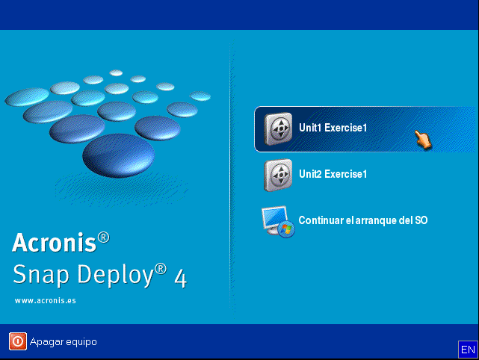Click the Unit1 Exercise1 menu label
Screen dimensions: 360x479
(333, 128)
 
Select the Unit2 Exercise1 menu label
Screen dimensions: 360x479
(333, 174)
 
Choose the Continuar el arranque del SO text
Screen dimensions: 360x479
(362, 220)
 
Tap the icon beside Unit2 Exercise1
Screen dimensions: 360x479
(278, 176)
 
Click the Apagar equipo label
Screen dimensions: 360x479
(63, 342)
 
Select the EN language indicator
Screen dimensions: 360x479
(467, 349)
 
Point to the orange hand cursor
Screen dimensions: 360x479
(424, 139)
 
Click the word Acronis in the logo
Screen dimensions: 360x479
(55, 243)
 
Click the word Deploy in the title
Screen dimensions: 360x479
(112, 276)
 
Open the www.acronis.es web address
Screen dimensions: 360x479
(45, 300)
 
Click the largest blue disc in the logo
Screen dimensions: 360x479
(118, 155)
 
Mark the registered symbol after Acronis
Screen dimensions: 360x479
(103, 237)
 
